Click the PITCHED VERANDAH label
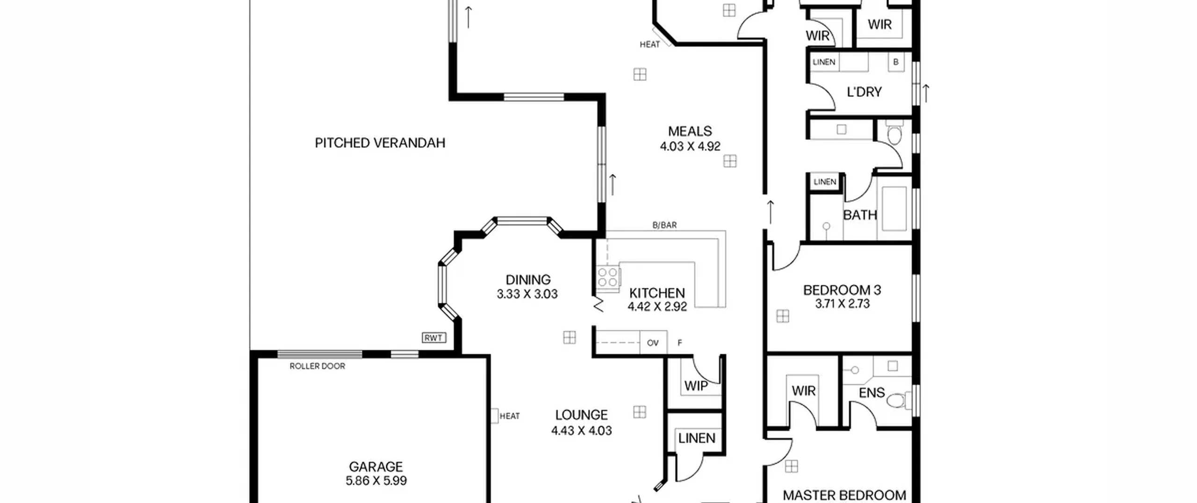[x=380, y=143]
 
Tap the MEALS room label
[x=690, y=131]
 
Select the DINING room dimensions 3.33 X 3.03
[x=527, y=294]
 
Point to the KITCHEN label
[x=657, y=293]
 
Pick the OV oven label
[x=653, y=343]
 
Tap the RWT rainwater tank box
[x=434, y=338]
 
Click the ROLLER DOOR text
[x=317, y=366]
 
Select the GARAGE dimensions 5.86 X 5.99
[x=376, y=481]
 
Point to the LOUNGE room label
[x=581, y=415]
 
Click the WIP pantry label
[x=696, y=386]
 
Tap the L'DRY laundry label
[x=864, y=92]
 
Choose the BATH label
[x=859, y=215]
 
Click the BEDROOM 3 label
[x=842, y=290]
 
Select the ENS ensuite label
[x=872, y=393]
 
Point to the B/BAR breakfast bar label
[x=664, y=225]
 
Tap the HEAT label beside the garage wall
[x=509, y=416]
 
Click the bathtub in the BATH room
[x=894, y=209]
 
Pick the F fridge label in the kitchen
[x=679, y=343]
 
